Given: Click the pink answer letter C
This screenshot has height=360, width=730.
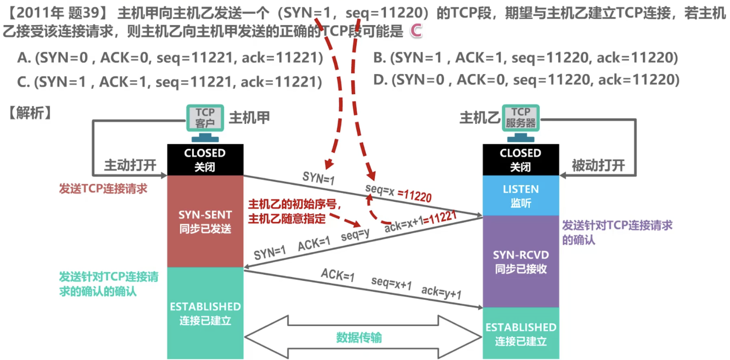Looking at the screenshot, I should (415, 31).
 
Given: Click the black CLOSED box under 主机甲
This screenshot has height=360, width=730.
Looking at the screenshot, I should (205, 159).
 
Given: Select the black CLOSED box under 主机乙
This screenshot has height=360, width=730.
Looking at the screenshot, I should (520, 159).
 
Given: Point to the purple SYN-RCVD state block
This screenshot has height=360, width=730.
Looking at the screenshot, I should (520, 262).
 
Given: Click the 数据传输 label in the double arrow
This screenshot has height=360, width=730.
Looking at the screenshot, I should (363, 338).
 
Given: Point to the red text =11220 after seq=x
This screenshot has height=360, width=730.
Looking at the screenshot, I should (414, 196).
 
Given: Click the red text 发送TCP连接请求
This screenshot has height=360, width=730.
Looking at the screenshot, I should (103, 188).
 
